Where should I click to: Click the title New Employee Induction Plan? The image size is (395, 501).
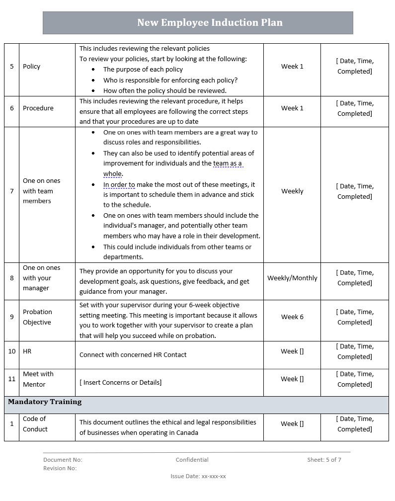point(210,23)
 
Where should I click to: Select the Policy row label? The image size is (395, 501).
point(31,67)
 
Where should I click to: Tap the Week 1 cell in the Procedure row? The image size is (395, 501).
point(292,108)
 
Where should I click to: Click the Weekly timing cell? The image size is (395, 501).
point(292,191)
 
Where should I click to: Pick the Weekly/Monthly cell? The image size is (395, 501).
point(292,278)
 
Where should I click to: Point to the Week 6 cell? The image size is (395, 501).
point(292,317)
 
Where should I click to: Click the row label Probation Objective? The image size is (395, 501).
point(37,317)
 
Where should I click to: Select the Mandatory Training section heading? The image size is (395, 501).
point(45,402)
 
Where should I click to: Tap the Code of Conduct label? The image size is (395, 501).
point(35,424)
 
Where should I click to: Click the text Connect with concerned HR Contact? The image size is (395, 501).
point(133,355)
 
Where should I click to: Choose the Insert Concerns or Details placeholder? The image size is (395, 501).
point(121,383)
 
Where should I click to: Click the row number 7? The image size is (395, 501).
point(12,191)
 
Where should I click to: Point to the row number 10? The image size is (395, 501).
point(12,351)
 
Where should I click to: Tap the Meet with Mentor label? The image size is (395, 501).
point(38,379)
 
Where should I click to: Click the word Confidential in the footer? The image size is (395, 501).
point(192,460)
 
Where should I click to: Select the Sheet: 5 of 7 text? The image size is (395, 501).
point(324,460)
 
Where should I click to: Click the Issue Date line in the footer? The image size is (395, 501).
point(198,476)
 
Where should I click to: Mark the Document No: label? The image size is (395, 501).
point(63,460)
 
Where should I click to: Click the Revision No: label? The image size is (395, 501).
point(60,468)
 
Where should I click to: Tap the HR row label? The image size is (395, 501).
point(27,351)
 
